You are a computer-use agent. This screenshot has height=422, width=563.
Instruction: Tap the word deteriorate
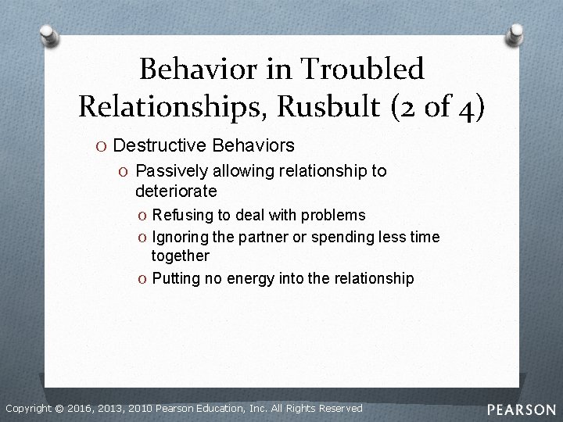click(x=176, y=190)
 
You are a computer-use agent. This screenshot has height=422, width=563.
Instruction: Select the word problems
click(x=334, y=215)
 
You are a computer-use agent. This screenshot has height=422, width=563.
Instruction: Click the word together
click(x=181, y=256)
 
